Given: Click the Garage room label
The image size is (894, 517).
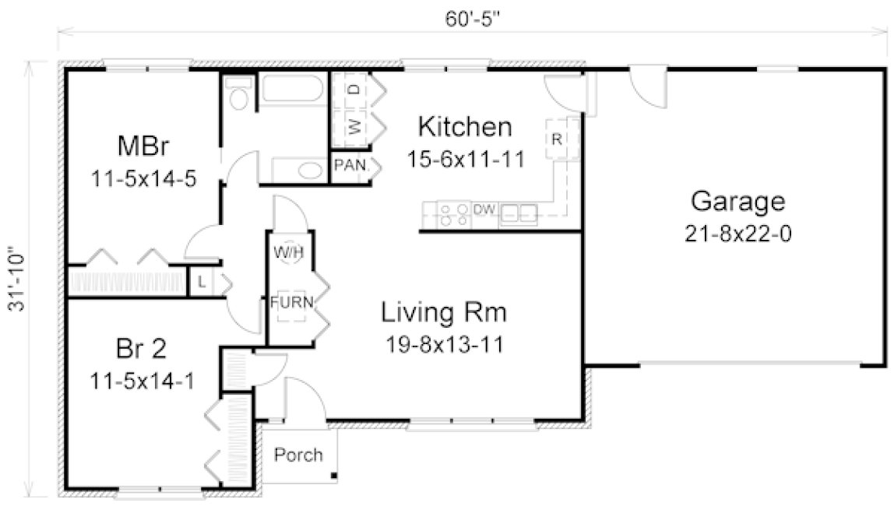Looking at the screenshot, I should tap(737, 202).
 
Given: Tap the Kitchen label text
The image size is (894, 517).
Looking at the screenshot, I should tap(464, 126).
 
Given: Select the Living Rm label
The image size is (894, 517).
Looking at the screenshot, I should tap(444, 314).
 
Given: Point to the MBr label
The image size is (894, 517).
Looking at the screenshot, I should tap(143, 146).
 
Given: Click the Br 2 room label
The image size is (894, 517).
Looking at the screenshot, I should tap(142, 348).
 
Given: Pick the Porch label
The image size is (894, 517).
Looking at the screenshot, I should tap(298, 455).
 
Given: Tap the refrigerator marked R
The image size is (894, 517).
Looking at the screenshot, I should tap(557, 140).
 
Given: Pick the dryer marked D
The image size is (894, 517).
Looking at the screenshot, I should tap(354, 90).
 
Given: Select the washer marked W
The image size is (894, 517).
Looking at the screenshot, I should tap(354, 126).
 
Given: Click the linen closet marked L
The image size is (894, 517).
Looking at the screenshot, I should tap(201, 282).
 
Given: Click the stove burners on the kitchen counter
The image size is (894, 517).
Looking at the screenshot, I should tap(453, 214).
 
